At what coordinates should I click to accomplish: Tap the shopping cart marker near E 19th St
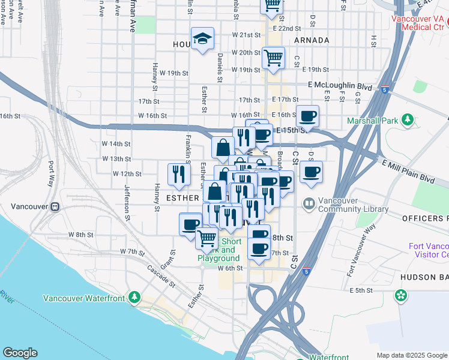pyautogui.click(x=273, y=59)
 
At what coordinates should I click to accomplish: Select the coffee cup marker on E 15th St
pyautogui.click(x=307, y=116)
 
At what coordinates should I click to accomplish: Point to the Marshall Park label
pyautogui.click(x=373, y=121)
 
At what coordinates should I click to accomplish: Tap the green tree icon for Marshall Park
pyautogui.click(x=408, y=121)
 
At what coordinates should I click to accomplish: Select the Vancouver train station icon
pyautogui.click(x=55, y=206)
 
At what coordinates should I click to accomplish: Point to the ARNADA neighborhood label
pyautogui.click(x=312, y=40)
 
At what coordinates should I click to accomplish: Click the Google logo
pyautogui.click(x=20, y=353)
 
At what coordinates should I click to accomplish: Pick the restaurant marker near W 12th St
pyautogui.click(x=179, y=174)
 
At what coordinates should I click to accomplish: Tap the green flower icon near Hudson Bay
pyautogui.click(x=400, y=295)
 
